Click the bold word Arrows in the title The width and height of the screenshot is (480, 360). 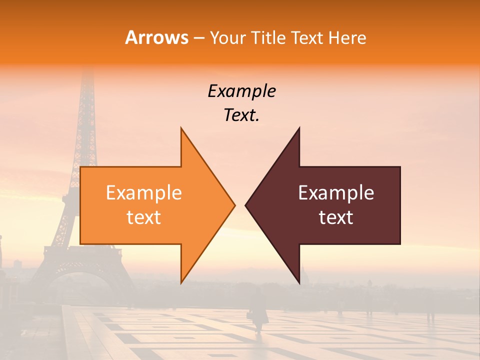[157, 38]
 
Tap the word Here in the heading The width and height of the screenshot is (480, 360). [347, 38]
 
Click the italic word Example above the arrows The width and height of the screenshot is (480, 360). [241, 91]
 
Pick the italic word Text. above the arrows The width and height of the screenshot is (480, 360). [241, 115]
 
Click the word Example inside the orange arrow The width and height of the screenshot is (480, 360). [144, 193]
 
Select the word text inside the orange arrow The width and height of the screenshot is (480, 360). [144, 217]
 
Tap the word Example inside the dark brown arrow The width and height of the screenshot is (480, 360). [336, 193]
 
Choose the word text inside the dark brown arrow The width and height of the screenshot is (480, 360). [336, 217]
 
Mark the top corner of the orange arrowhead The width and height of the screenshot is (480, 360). [181, 128]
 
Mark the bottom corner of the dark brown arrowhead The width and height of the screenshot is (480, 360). [299, 282]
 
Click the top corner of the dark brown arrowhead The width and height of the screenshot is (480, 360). [299, 128]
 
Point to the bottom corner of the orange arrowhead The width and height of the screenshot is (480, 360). [181, 282]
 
